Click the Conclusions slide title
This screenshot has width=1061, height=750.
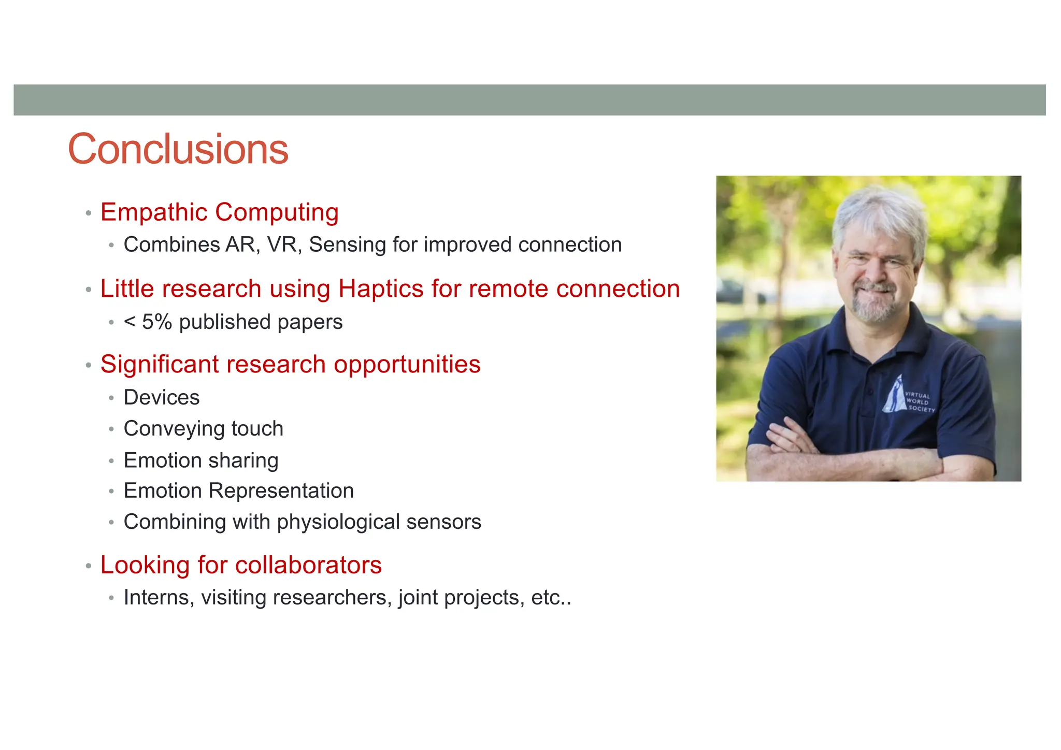[x=178, y=149]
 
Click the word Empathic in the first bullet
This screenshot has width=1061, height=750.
[x=154, y=212]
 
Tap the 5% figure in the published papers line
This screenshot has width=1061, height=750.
[x=156, y=322]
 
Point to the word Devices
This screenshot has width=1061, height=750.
[x=161, y=397]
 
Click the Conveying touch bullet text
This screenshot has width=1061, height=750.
[x=203, y=428]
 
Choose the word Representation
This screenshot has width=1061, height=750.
[x=281, y=491]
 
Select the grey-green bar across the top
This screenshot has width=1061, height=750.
[x=529, y=99]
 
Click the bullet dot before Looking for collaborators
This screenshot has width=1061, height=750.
[x=89, y=566]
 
